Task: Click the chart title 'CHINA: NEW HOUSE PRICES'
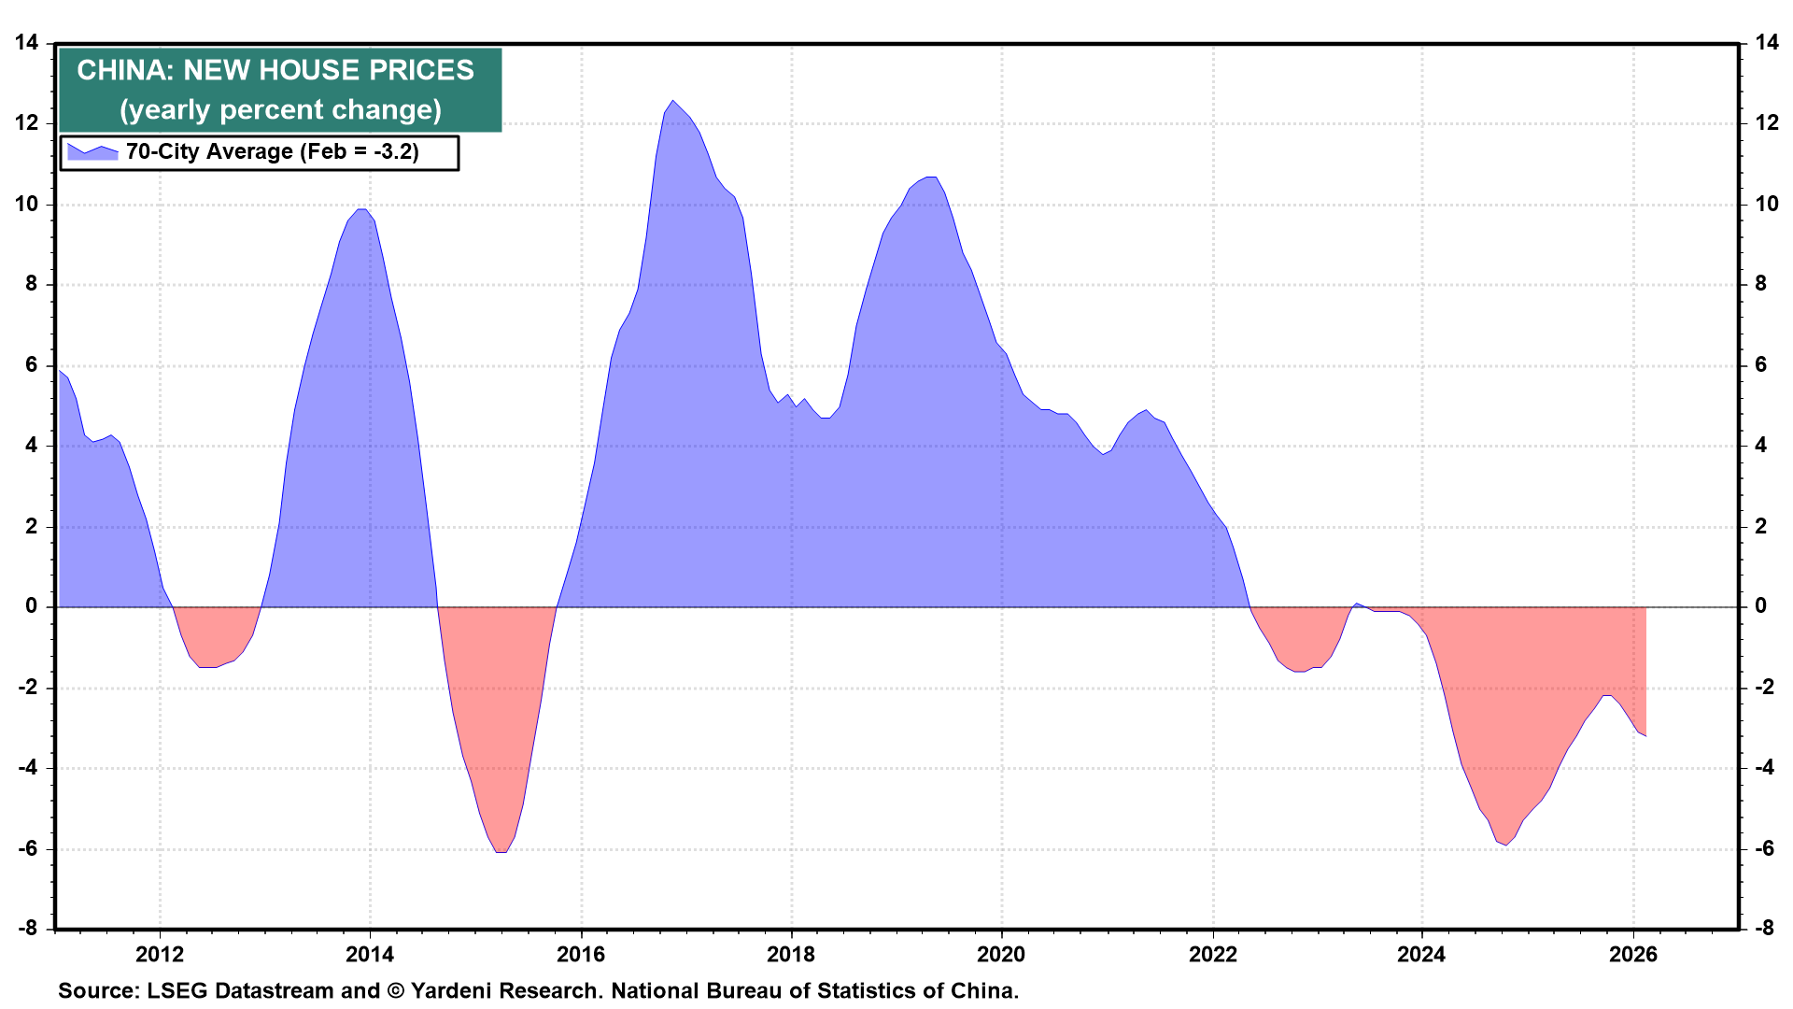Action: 275,70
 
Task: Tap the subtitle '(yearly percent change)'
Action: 280,110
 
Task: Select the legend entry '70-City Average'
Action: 272,151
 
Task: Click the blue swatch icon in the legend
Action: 92,151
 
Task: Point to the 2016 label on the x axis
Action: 580,954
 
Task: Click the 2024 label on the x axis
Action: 1421,954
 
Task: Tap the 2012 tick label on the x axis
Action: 160,954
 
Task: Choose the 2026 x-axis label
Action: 1633,954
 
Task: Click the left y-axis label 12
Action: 26,123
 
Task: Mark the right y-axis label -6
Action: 1764,849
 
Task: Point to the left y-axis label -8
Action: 28,929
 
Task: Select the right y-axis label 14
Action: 1766,42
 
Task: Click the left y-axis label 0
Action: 32,606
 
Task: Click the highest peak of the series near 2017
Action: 673,101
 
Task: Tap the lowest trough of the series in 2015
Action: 501,852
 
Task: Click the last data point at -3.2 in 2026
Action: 1645,736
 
